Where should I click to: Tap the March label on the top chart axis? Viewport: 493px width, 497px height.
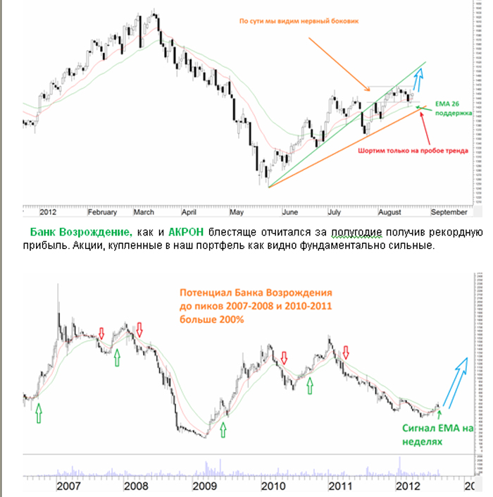(x=144, y=211)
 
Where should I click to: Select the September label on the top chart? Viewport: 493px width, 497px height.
(x=448, y=211)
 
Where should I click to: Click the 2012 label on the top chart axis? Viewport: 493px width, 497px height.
(x=49, y=211)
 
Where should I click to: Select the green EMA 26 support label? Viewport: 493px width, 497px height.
(x=453, y=106)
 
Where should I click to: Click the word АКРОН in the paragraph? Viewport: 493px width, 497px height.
(x=187, y=231)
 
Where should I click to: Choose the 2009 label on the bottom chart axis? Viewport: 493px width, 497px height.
(x=204, y=486)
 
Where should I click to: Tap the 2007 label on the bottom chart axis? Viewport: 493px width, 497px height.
(x=67, y=486)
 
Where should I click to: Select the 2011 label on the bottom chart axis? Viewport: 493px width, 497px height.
(x=340, y=486)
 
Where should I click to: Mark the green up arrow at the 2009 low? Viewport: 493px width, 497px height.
(x=223, y=429)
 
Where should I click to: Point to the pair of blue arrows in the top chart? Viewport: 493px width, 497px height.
(x=418, y=80)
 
